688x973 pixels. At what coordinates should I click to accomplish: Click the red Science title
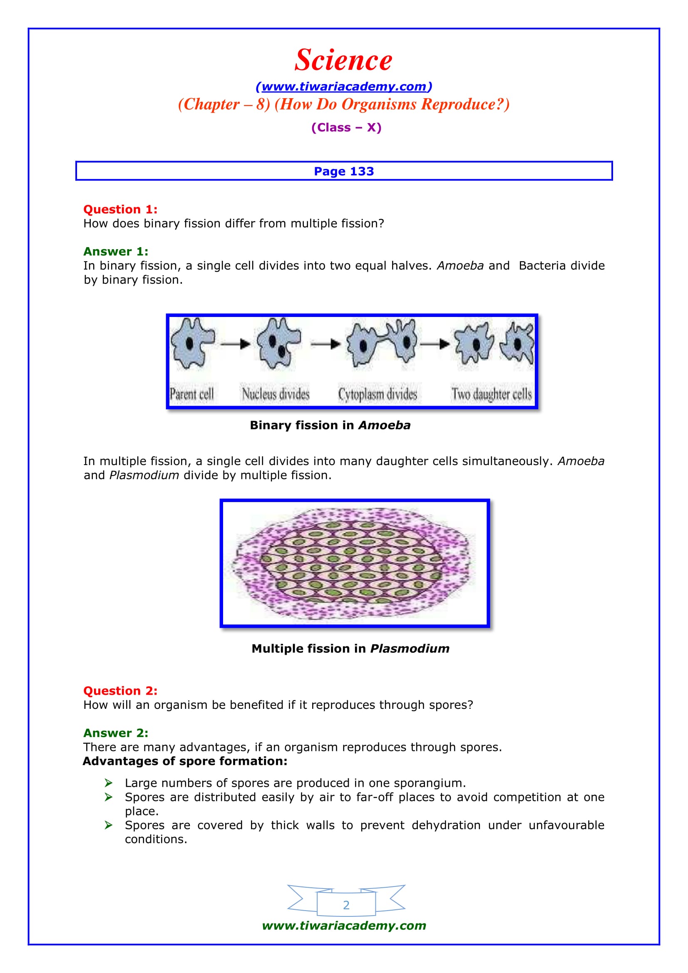coord(343,60)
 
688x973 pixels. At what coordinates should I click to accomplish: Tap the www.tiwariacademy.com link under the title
coord(344,87)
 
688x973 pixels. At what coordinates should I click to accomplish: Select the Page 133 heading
coord(344,171)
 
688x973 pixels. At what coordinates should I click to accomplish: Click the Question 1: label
coord(120,209)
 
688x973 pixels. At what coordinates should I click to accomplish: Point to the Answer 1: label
coord(116,251)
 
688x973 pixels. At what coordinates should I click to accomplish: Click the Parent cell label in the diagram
coord(191,394)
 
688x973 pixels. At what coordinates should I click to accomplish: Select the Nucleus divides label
coord(276,394)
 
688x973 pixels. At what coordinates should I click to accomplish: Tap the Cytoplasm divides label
coord(377,394)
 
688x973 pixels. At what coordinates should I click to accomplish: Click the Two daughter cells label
coord(491,394)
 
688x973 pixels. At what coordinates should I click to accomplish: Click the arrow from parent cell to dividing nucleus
coord(235,344)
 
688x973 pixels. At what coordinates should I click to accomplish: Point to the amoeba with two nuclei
coord(278,343)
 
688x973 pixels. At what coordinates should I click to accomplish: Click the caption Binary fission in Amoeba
coord(330,425)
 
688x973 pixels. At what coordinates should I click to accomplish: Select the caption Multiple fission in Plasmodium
coord(350,649)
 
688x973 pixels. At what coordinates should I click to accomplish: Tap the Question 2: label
coord(120,691)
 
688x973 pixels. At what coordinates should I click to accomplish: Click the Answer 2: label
coord(116,733)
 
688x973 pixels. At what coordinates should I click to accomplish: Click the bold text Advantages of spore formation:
coord(185,761)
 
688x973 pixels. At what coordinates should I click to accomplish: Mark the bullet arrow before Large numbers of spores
coord(109,783)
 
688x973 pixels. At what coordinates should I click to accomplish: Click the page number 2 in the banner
coord(346,905)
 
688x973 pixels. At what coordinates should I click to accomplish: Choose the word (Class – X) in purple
coord(346,128)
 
